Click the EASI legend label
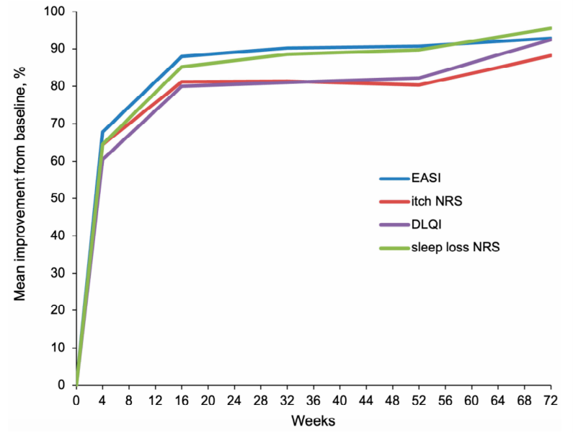pyautogui.click(x=426, y=178)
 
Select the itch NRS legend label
pyautogui.click(x=437, y=201)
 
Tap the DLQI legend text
pyautogui.click(x=427, y=224)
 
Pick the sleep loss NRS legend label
pyautogui.click(x=456, y=247)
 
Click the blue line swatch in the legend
pyautogui.click(x=395, y=179)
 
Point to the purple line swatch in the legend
pyautogui.click(x=395, y=224)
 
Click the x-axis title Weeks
pyautogui.click(x=314, y=421)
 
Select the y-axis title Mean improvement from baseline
pyautogui.click(x=20, y=184)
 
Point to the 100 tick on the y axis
pyautogui.click(x=55, y=12)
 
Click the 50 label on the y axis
pyautogui.click(x=58, y=198)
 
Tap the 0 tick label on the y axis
pyautogui.click(x=61, y=385)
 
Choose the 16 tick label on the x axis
pyautogui.click(x=182, y=401)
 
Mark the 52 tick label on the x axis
pyautogui.click(x=419, y=401)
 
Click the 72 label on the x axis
pyautogui.click(x=551, y=401)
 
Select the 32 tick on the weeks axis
pyautogui.click(x=287, y=401)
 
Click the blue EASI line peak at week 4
pyautogui.click(x=102, y=131)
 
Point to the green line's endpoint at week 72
pyautogui.click(x=550, y=28)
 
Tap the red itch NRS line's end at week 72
pyautogui.click(x=550, y=56)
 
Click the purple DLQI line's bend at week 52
pyautogui.click(x=419, y=78)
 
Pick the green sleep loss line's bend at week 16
pyautogui.click(x=182, y=66)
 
